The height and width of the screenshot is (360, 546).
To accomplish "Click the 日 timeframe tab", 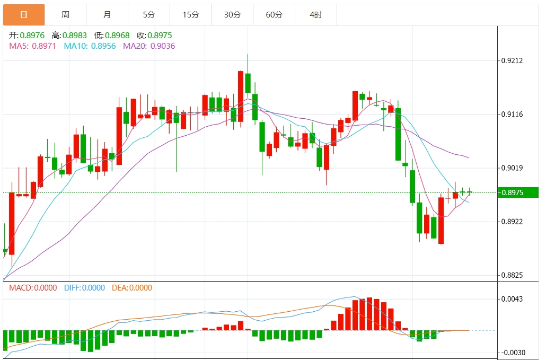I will [24, 15].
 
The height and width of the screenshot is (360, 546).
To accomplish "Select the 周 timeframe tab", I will [65, 15].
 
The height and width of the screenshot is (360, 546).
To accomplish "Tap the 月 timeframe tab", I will [107, 15].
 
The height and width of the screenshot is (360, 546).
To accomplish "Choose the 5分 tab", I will [149, 15].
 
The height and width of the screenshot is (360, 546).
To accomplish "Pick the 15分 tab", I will [191, 15].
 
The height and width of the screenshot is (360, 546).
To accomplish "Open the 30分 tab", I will [232, 15].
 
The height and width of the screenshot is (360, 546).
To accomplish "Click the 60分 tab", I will [274, 15].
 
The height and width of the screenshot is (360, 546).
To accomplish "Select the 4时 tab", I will [316, 15].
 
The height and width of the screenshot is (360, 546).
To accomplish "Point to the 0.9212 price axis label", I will [512, 60].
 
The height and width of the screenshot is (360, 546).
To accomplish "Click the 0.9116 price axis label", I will [512, 114].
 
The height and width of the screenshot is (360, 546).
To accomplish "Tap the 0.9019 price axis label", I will [512, 168].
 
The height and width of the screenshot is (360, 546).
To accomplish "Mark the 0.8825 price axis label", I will [512, 275].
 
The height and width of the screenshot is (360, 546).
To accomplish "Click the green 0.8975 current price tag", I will [517, 192].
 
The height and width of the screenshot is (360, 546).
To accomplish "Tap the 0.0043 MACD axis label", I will [512, 299].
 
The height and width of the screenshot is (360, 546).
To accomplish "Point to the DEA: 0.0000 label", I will [132, 288].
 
